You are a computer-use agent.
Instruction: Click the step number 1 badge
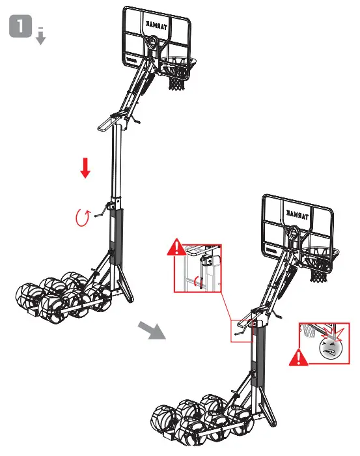tap(21, 28)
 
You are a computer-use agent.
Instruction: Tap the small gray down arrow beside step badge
tap(40, 37)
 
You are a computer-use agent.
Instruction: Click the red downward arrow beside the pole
tap(85, 167)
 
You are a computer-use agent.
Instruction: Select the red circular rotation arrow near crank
tap(83, 216)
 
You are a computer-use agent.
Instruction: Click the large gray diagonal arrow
tap(152, 330)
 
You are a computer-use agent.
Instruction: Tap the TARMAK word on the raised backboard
tap(156, 25)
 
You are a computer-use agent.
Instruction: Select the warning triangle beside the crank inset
tap(175, 248)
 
